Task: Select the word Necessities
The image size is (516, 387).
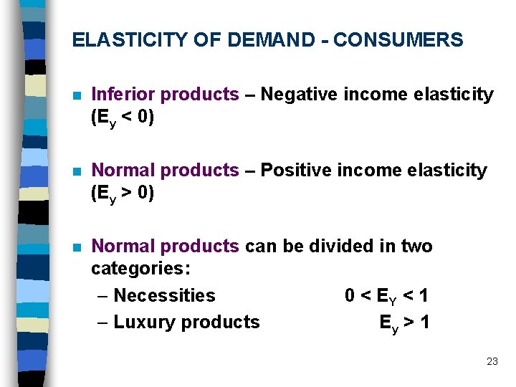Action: (164, 295)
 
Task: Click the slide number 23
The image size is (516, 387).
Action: (492, 361)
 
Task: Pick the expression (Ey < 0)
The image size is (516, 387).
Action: (123, 118)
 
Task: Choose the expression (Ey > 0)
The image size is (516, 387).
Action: (123, 193)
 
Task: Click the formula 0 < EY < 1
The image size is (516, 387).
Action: (386, 296)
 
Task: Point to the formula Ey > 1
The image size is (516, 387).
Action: (404, 322)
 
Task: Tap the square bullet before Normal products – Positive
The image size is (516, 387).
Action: (76, 171)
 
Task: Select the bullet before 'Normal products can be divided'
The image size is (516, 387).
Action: (76, 247)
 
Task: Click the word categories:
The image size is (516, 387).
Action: (140, 269)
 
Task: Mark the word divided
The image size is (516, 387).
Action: (341, 246)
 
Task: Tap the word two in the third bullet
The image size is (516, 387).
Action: (416, 246)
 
